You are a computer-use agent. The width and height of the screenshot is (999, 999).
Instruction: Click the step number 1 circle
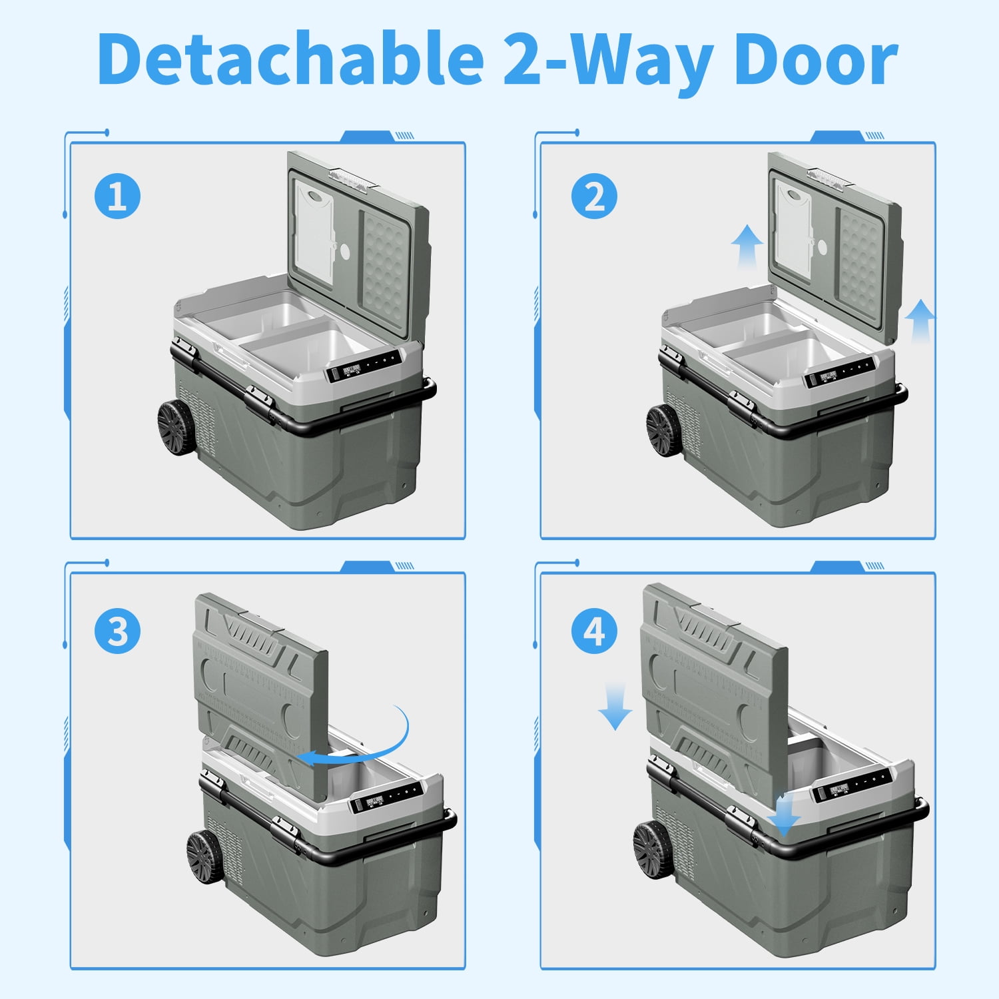[x=117, y=196]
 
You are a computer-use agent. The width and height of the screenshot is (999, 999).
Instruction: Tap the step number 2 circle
[x=595, y=196]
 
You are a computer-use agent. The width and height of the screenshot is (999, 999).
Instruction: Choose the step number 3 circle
[x=117, y=631]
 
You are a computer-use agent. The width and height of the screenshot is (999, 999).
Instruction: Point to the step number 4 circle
[x=595, y=631]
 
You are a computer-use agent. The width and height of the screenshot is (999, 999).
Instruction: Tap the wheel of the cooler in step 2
[x=664, y=430]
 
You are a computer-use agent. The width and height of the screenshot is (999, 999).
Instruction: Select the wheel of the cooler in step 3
[x=204, y=858]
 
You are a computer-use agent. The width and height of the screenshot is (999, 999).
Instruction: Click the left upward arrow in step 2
[x=747, y=246]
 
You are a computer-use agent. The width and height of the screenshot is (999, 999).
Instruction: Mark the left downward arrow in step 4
[x=615, y=708]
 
